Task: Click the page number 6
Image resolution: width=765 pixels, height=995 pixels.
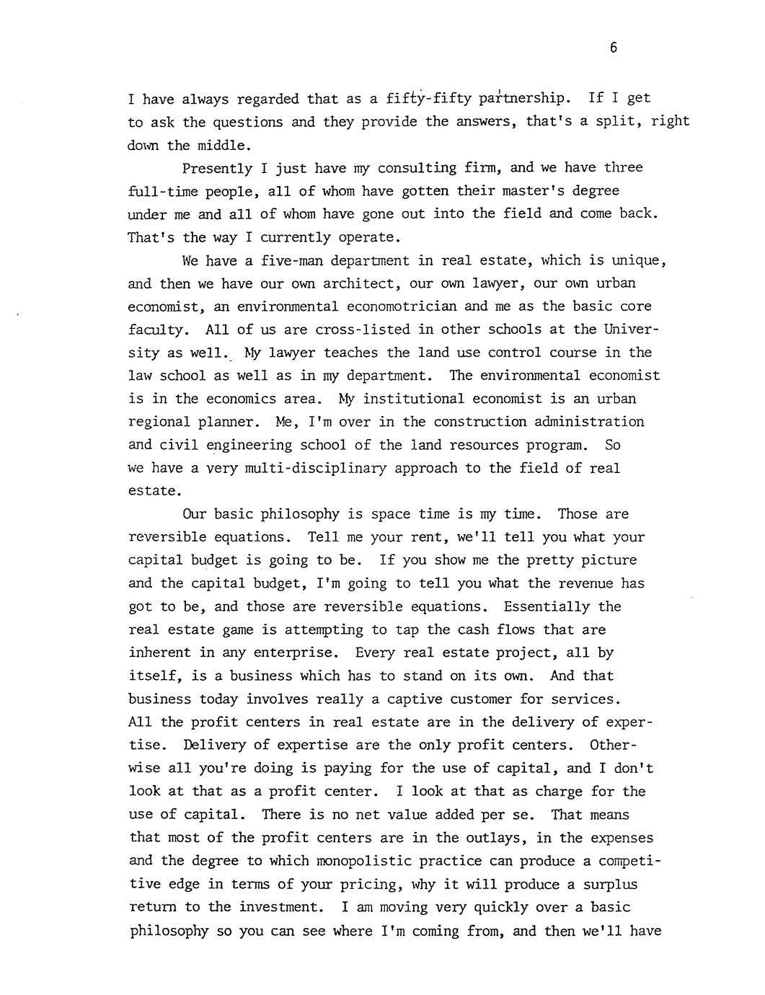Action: point(613,48)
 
